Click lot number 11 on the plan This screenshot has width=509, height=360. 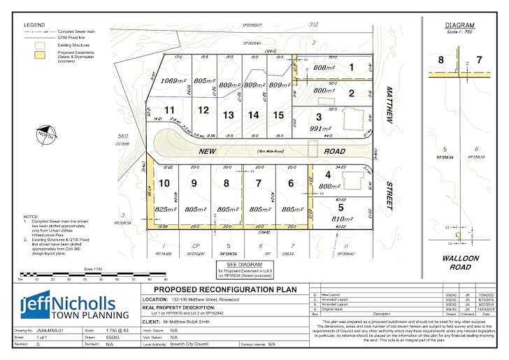pos(169,110)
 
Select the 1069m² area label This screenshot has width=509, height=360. pos(173,81)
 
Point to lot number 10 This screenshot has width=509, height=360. pos(164,183)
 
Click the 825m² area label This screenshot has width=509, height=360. pos(164,209)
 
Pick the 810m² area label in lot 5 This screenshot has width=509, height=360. pos(340,219)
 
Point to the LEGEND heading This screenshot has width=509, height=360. pos(34,24)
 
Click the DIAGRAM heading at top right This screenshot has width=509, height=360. pos(459,25)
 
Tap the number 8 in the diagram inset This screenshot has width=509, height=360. pos(440,60)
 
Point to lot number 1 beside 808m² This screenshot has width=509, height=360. pos(352,68)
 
